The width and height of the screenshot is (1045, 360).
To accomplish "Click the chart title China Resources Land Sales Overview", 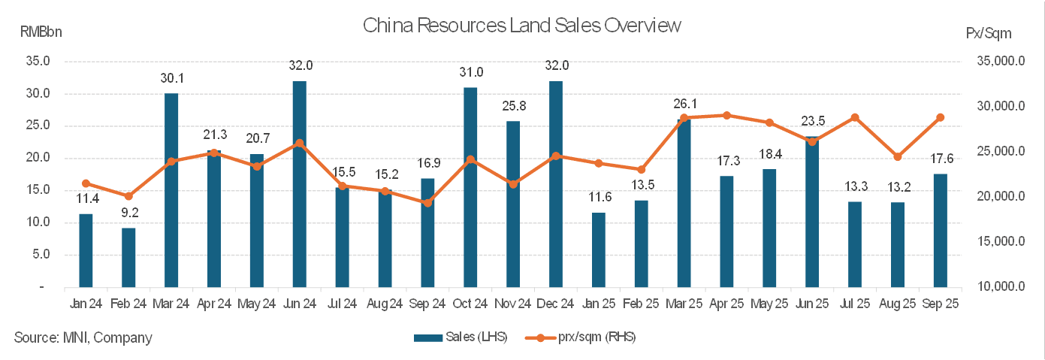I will point(522,26).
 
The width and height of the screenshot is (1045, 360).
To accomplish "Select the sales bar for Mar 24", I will point(171,190).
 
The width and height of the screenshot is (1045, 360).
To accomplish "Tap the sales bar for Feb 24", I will point(128,257).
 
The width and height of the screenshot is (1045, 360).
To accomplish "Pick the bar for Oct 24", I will point(470,187).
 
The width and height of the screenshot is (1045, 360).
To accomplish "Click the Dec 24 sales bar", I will point(556,184).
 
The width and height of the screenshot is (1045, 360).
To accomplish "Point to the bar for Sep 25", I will point(940,230).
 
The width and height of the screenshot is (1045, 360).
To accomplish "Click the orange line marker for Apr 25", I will point(726,115).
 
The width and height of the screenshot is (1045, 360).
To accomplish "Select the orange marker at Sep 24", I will point(427,203).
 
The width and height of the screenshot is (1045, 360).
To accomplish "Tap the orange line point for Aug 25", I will point(897,156).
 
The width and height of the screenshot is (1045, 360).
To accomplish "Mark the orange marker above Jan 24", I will point(86,183).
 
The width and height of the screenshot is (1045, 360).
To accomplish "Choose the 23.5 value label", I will point(811,121).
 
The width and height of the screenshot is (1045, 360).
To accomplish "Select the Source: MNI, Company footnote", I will point(83,337).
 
